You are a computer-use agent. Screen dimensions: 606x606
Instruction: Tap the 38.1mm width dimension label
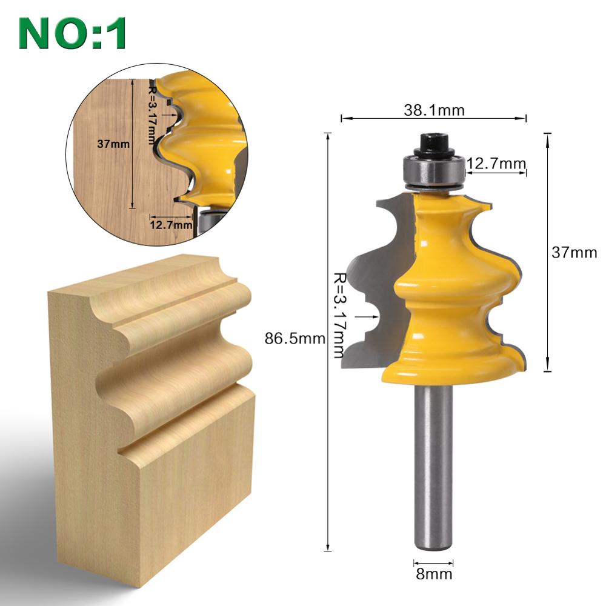434,110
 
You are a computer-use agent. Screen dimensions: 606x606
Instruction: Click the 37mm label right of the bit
573,252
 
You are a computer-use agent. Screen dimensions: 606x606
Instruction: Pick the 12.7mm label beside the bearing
496,163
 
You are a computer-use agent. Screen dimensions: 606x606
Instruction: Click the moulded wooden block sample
151,412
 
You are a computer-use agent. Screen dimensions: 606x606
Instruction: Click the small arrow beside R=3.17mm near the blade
367,316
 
